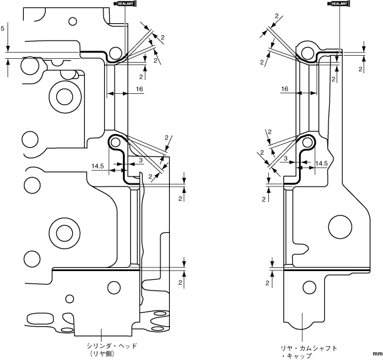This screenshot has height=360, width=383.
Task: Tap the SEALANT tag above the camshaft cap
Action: coord(338,3)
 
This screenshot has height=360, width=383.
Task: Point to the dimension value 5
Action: coord(3,29)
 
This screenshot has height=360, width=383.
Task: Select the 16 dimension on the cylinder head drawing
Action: coord(139,90)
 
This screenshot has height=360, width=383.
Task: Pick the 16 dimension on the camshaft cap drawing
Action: coord(285,90)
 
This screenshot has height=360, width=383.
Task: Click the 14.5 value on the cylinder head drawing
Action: coord(98,166)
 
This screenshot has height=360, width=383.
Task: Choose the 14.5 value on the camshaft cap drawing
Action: coord(322,163)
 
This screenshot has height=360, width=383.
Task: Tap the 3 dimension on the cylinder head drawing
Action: coord(140,161)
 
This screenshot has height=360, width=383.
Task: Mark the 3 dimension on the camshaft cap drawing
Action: coord(285,159)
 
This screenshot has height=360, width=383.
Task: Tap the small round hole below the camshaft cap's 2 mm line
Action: coord(308,287)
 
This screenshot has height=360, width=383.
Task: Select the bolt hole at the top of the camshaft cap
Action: coord(306,52)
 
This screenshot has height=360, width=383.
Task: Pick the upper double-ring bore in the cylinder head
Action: coord(63,96)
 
